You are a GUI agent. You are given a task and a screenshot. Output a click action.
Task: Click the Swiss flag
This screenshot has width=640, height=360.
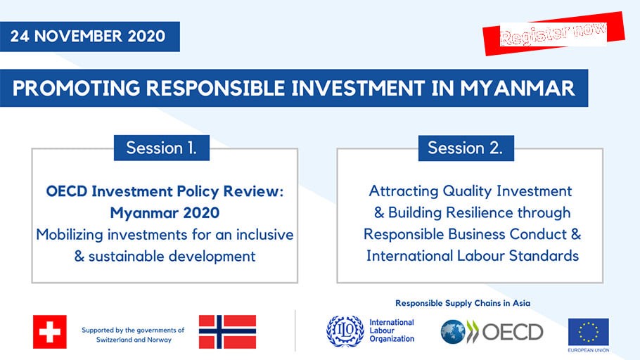pos(50,331)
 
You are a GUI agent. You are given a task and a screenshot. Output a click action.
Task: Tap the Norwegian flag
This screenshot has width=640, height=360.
pos(227,331)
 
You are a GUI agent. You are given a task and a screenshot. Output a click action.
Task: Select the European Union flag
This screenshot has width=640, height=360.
pos(588,333)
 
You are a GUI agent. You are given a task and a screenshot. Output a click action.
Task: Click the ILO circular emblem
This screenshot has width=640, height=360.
pos(345,331)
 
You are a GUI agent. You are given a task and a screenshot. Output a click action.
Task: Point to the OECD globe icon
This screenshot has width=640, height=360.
pos(453,331)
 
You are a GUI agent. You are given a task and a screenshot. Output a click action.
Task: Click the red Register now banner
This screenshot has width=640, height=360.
pos(553,34)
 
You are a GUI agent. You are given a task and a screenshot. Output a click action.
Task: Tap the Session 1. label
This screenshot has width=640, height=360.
pos(162,148)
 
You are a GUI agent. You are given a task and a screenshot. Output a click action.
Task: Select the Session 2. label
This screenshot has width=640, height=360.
pos(466,148)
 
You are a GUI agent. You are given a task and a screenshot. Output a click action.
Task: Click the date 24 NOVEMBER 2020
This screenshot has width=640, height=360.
pos(88,36)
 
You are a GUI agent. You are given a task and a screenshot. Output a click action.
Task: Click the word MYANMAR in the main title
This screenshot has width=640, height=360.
pos(518,88)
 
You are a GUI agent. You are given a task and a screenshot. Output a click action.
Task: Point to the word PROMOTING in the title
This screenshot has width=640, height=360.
pos(76,88)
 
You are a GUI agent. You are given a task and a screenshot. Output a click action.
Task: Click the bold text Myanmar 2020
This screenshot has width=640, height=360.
pos(165,212)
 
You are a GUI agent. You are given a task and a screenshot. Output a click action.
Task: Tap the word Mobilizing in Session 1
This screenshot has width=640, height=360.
pos(70,235)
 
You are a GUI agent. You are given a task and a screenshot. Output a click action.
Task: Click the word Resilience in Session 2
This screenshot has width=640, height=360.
pos(480,212)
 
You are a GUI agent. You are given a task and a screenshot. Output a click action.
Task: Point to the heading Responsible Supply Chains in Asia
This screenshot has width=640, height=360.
pos(463,303)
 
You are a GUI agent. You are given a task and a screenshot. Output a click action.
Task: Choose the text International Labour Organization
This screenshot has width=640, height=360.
pos(392,330)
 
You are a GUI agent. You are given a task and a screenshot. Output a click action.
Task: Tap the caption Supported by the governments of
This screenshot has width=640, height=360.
pos(133,330)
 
